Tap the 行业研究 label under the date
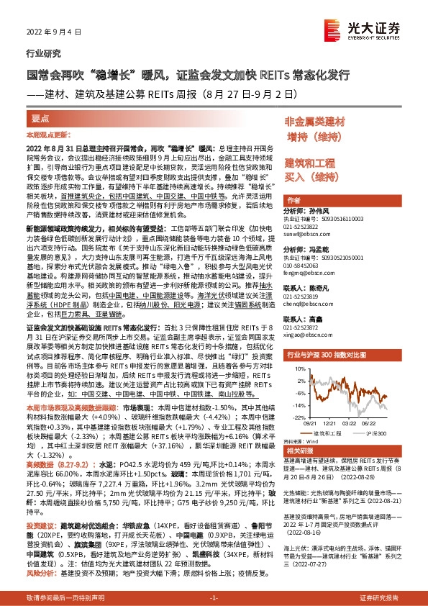(x=40, y=53)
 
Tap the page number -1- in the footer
(x=213, y=598)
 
